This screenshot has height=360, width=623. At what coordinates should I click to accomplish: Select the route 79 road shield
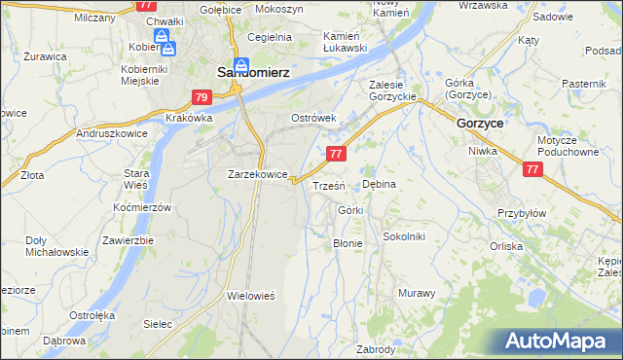coord(202,97)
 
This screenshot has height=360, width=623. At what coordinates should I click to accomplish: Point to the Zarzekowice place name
coord(257,175)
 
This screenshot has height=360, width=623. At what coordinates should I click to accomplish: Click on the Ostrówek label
coord(313,118)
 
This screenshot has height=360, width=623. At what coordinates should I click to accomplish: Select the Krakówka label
coord(189,118)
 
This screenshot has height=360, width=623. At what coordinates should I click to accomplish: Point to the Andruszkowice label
coord(110,134)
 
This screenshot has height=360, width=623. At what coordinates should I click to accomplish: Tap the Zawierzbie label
coord(128,240)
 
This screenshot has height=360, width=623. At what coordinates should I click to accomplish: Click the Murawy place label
coord(417,293)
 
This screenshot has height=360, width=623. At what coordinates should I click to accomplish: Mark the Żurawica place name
coord(45,56)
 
